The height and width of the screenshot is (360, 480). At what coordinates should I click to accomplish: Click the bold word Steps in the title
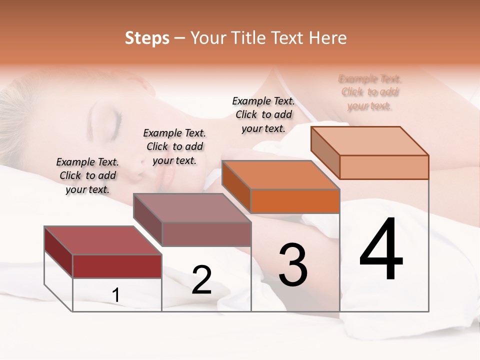pos(147,38)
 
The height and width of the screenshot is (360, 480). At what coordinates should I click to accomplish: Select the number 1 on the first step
pos(116,295)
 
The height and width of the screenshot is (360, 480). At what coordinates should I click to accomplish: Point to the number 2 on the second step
pos(201,280)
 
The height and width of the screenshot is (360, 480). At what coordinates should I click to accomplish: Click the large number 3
pos(293,265)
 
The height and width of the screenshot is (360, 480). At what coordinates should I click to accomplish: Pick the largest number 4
pos(381,250)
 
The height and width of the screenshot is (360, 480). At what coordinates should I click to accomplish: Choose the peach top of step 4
pos(370,140)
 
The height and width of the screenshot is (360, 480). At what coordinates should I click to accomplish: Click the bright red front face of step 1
pos(117,266)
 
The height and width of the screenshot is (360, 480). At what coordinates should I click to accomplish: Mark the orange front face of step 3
pos(295,201)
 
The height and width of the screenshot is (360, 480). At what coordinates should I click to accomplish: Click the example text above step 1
pos(87,175)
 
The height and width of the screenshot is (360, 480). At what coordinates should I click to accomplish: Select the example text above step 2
pos(174,146)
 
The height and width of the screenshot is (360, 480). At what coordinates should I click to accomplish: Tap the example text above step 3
pos(263,114)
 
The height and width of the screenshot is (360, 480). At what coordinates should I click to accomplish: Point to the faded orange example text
pos(370,92)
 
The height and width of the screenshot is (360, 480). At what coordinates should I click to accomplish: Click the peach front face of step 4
pos(384,167)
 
